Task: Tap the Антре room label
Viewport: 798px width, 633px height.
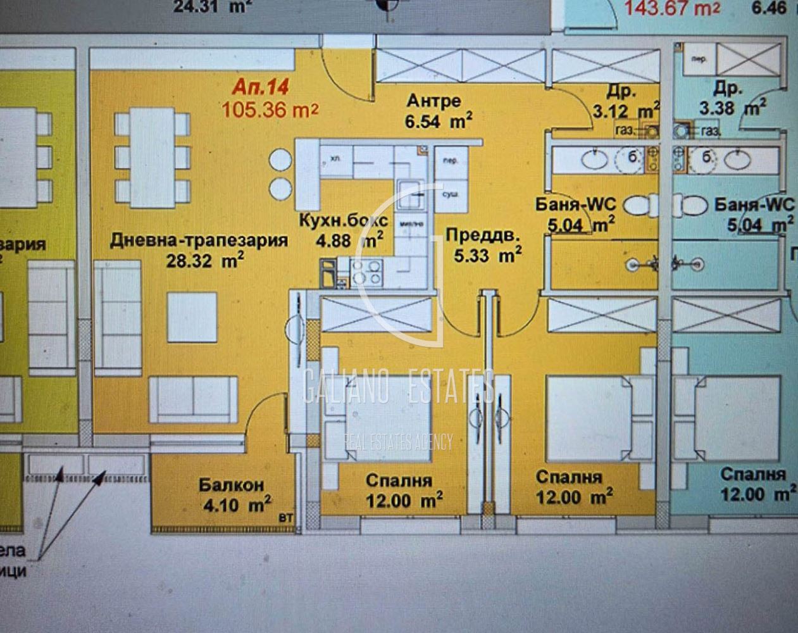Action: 433,101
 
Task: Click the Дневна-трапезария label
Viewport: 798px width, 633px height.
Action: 199,241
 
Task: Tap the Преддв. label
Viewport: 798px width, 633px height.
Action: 482,235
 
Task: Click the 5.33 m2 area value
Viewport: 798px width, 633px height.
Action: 487,255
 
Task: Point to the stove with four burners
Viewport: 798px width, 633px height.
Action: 368,272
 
